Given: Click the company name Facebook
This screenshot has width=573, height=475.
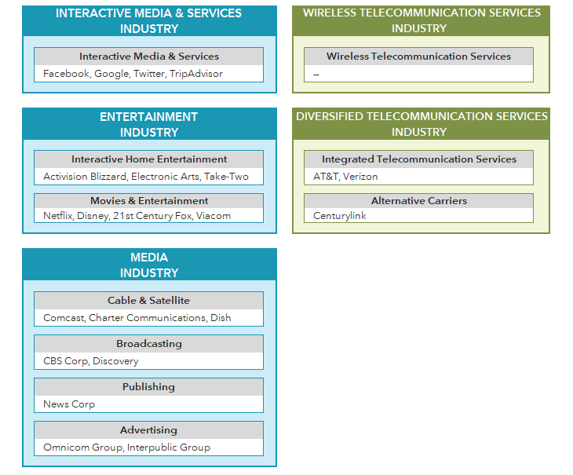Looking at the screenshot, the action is click(x=66, y=74).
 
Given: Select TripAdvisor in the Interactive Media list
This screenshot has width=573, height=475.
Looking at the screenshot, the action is click(x=196, y=74).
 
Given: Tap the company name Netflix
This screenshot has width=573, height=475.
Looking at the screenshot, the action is click(x=58, y=216).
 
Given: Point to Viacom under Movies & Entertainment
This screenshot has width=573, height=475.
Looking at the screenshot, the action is click(x=214, y=216).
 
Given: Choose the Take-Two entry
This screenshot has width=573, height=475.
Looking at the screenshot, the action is click(x=226, y=177).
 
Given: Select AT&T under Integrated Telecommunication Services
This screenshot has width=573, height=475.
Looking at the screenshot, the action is click(x=326, y=177).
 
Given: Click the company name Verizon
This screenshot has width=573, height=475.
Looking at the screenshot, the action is click(x=360, y=177).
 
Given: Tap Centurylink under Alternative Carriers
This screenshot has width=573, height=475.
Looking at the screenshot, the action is click(x=340, y=216).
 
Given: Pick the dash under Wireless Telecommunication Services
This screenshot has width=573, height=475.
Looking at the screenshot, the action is click(x=316, y=75).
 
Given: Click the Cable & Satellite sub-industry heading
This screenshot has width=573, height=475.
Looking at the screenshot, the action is click(x=148, y=301).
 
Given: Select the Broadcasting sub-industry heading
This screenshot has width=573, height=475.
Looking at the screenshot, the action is click(x=149, y=344).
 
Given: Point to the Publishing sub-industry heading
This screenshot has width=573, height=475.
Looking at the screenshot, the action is click(x=148, y=387).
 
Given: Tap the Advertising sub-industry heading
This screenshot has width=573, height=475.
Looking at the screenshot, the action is click(x=148, y=430).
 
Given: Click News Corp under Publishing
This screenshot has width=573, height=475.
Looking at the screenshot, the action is click(x=69, y=404).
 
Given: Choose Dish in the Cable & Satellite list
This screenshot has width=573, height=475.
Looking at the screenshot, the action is click(x=221, y=317).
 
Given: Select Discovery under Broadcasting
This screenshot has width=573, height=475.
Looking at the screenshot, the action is click(x=115, y=361).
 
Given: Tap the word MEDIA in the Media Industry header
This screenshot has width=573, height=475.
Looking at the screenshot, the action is click(x=149, y=258).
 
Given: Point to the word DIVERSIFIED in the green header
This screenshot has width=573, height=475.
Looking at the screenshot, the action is click(x=330, y=116).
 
